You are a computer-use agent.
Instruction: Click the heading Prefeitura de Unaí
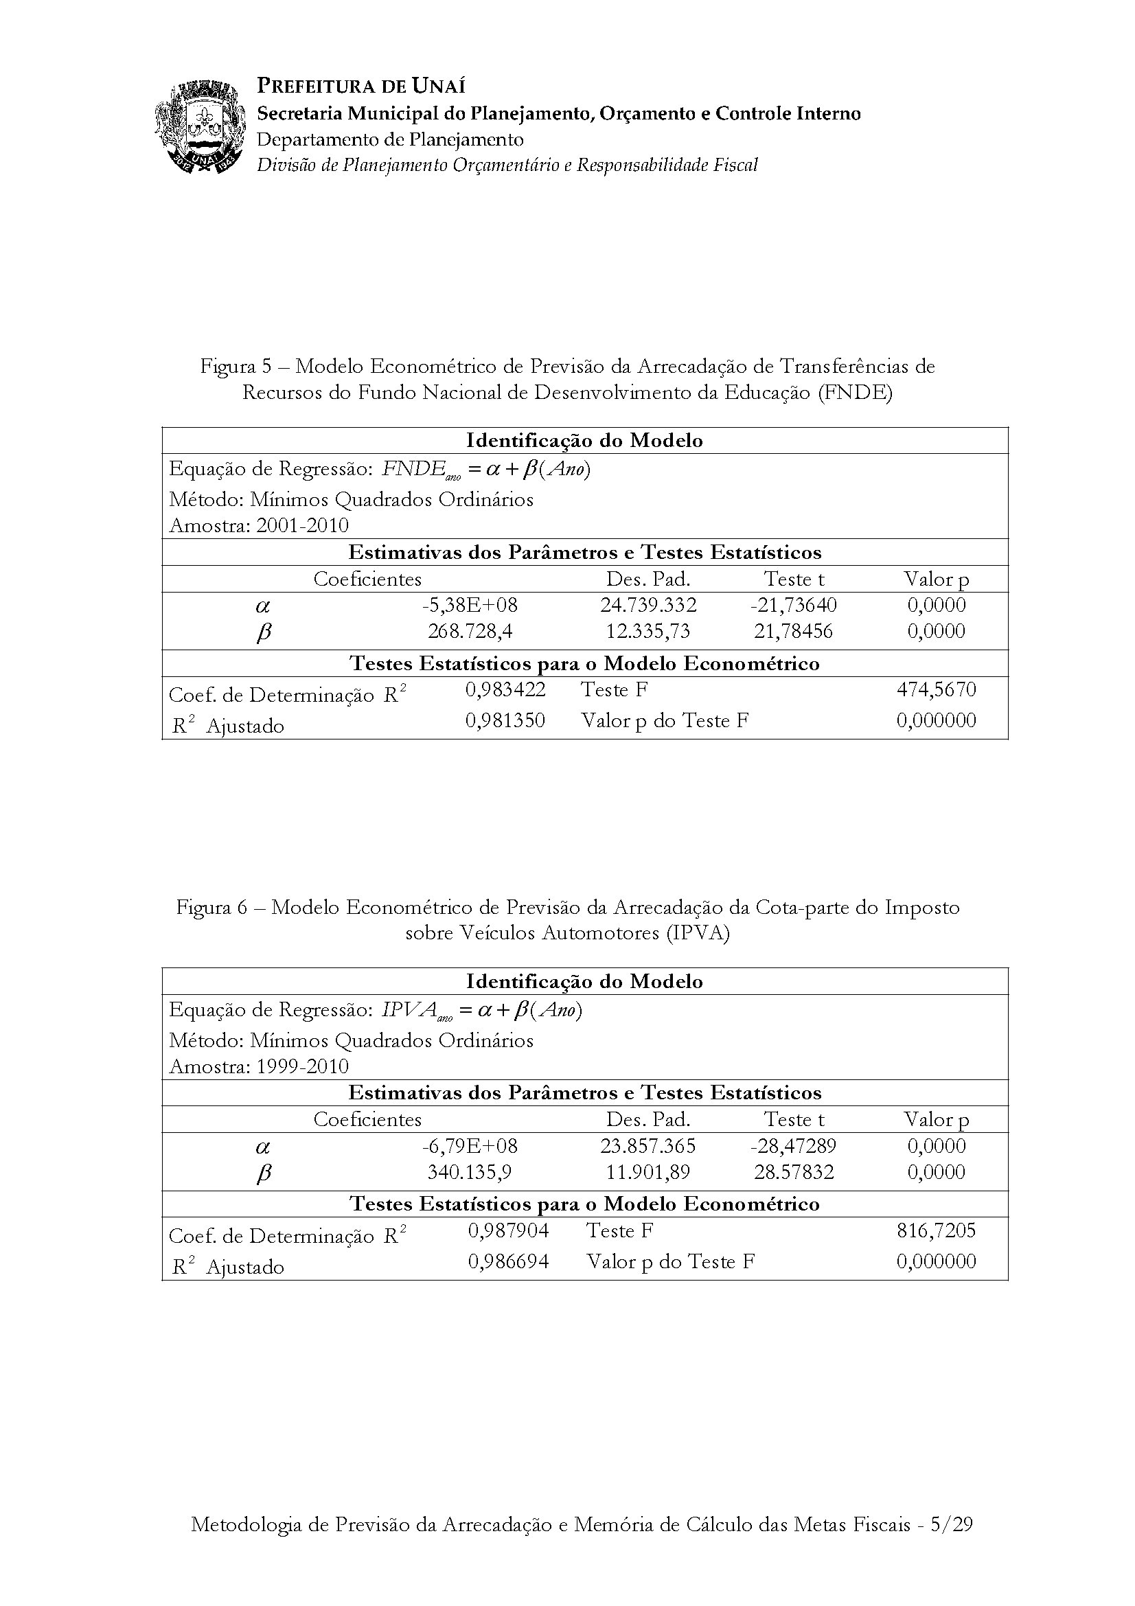click(x=361, y=86)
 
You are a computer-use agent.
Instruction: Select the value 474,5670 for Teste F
click(x=936, y=690)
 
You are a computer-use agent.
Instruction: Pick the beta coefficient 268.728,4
click(x=469, y=632)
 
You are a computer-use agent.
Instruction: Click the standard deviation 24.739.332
click(x=647, y=605)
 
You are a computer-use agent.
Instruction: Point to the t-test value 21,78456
click(x=793, y=632)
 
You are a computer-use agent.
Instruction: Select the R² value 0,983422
click(x=505, y=690)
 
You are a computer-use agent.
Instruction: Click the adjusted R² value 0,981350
click(x=505, y=720)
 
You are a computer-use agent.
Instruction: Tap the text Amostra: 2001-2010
click(x=259, y=525)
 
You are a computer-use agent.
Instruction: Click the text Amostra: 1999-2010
click(x=259, y=1066)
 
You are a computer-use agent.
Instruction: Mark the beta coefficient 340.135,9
click(x=469, y=1172)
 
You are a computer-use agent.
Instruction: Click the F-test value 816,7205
click(x=936, y=1230)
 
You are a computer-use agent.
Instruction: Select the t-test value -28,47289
click(x=793, y=1146)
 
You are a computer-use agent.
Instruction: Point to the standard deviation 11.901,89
click(x=647, y=1172)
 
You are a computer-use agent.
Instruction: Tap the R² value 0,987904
click(x=507, y=1230)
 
